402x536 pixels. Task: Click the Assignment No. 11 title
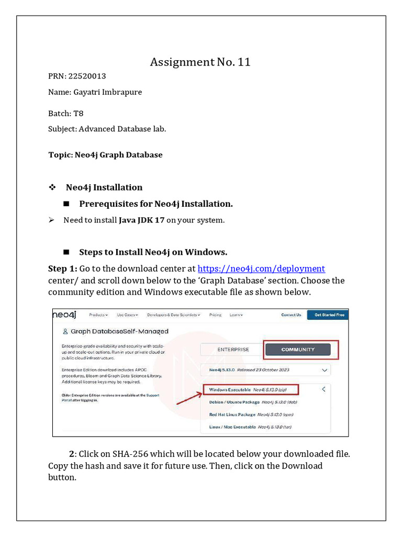point(200,62)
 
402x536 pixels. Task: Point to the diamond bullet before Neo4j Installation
point(52,187)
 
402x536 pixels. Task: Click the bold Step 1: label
point(62,269)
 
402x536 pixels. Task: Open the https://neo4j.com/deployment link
point(261,269)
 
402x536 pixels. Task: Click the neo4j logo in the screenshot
point(65,314)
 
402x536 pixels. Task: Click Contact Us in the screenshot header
point(291,315)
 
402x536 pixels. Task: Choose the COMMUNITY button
point(298,350)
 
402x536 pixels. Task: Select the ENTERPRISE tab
point(233,350)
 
